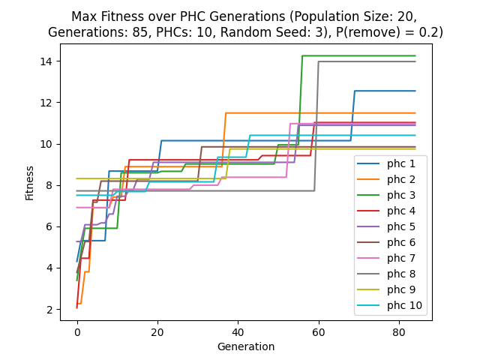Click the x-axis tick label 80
click(x=399, y=331)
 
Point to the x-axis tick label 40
click(x=238, y=331)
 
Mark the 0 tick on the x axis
click(x=77, y=331)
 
